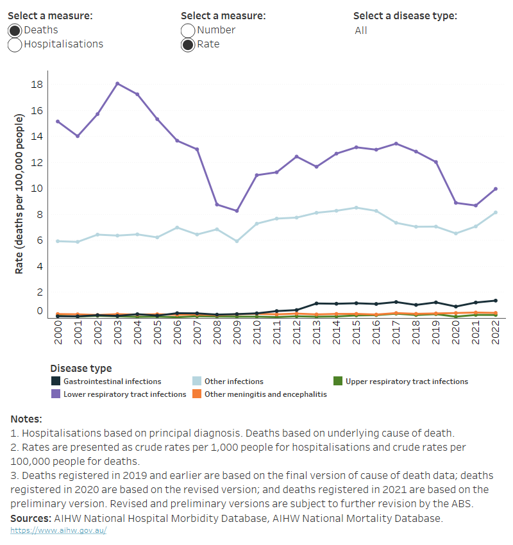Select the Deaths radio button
click(x=15, y=30)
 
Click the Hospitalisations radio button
click(x=15, y=44)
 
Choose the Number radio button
click(x=188, y=30)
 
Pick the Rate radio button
click(x=188, y=44)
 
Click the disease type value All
click(x=361, y=31)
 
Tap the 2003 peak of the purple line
click(x=117, y=83)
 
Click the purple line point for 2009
click(x=237, y=211)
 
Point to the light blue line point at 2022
click(x=495, y=212)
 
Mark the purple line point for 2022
click(x=495, y=189)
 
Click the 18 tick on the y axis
click(x=37, y=85)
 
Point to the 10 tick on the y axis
click(x=37, y=189)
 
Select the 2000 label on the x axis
click(x=58, y=333)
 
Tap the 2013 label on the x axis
click(x=316, y=333)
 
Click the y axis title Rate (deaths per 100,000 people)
click(x=19, y=194)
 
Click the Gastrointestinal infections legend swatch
click(x=56, y=382)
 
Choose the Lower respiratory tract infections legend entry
click(x=124, y=394)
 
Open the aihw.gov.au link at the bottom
click(x=58, y=531)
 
